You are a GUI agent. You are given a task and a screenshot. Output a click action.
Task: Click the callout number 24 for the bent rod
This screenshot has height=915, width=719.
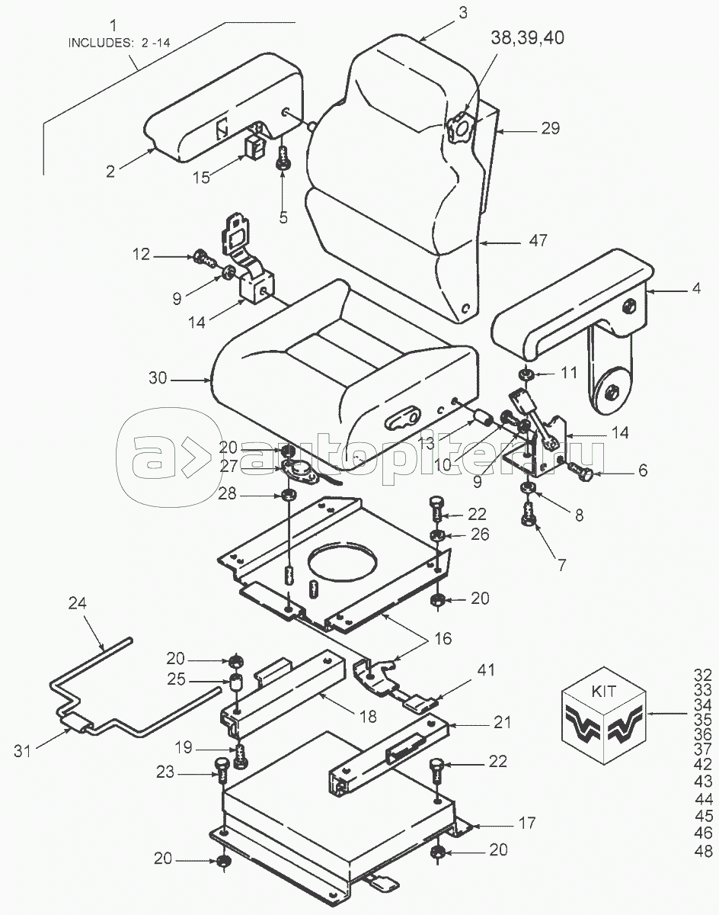[77, 603]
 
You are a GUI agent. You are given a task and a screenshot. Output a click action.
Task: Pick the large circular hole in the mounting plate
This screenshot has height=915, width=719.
[343, 566]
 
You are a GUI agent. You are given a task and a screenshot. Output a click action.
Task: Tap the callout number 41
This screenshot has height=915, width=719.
[485, 670]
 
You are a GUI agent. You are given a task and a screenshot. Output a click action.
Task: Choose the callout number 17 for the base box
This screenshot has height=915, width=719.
[526, 823]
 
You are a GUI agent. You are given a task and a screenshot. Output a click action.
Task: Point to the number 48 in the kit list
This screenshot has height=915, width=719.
[704, 850]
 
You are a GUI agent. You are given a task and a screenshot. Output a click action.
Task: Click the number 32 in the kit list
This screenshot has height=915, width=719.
[704, 674]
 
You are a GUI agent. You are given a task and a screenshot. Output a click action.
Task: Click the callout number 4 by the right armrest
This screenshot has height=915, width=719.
[695, 291]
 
